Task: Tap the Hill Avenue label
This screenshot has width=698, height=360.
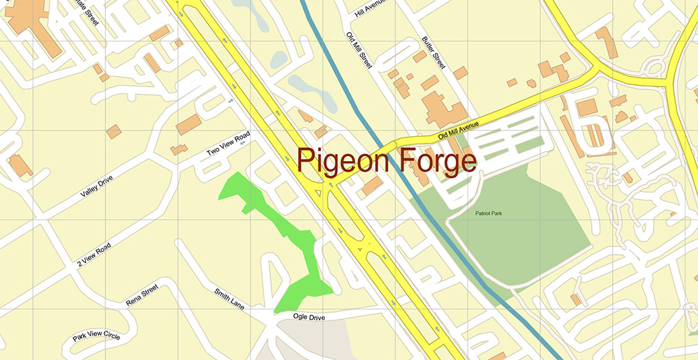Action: tap(369, 8)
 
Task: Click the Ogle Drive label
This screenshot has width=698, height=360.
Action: tap(309, 317)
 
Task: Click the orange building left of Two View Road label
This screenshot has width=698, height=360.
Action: tap(188, 125)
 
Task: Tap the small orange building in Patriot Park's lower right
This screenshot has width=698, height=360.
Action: tap(576, 299)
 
